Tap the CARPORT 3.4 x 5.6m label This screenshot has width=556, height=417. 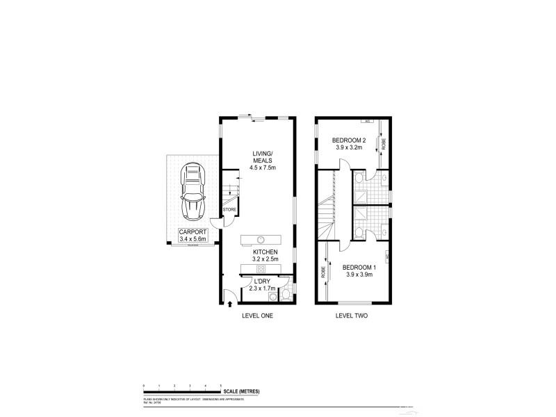191,235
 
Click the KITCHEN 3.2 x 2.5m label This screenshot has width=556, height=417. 265,256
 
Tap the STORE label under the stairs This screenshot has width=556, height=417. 229,209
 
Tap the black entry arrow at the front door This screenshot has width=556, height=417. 231,303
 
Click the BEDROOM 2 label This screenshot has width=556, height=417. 350,143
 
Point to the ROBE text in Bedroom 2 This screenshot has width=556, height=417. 383,145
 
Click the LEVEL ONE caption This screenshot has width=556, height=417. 257,316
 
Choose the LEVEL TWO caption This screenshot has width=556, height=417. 351,316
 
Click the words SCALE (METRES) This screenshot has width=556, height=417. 240,392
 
